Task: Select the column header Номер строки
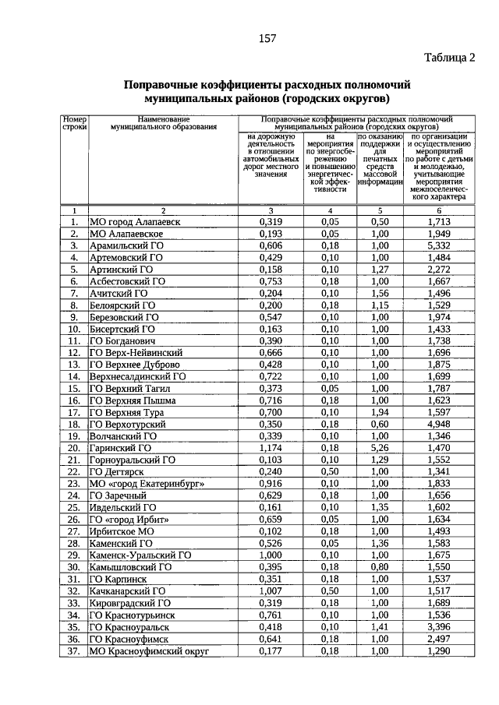coord(74,122)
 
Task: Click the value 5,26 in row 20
coord(380,448)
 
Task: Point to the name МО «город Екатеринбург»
coord(147,484)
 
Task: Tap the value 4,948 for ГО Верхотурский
coord(439,425)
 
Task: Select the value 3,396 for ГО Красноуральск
coord(439,626)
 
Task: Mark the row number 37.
coord(74,650)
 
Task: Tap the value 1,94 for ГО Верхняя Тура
coord(380,412)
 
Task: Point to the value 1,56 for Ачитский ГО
coord(380,293)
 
